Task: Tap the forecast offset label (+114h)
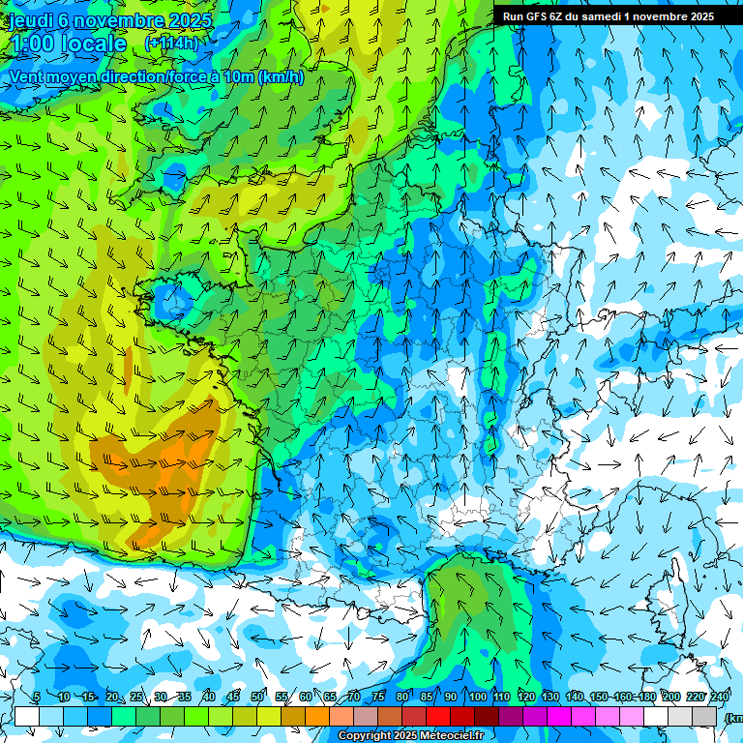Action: pos(171,44)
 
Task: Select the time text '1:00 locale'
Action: pos(68,45)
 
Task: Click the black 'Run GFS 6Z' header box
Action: pos(609,16)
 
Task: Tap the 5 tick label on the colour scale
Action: pos(36,698)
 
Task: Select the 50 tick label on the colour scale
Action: pos(257,698)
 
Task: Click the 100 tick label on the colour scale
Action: pos(477,698)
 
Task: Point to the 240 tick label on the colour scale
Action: pos(720,698)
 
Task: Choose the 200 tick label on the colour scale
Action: pos(670,698)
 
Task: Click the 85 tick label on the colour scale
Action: pos(427,698)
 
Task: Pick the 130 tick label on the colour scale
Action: pos(550,698)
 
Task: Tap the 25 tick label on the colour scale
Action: pos(135,698)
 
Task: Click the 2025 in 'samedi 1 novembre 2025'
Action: pos(697,16)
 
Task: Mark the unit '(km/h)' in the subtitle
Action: pos(282,77)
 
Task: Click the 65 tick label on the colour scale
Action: pos(330,698)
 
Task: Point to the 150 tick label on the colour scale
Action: pos(599,698)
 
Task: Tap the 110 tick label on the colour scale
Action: pos(501,698)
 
